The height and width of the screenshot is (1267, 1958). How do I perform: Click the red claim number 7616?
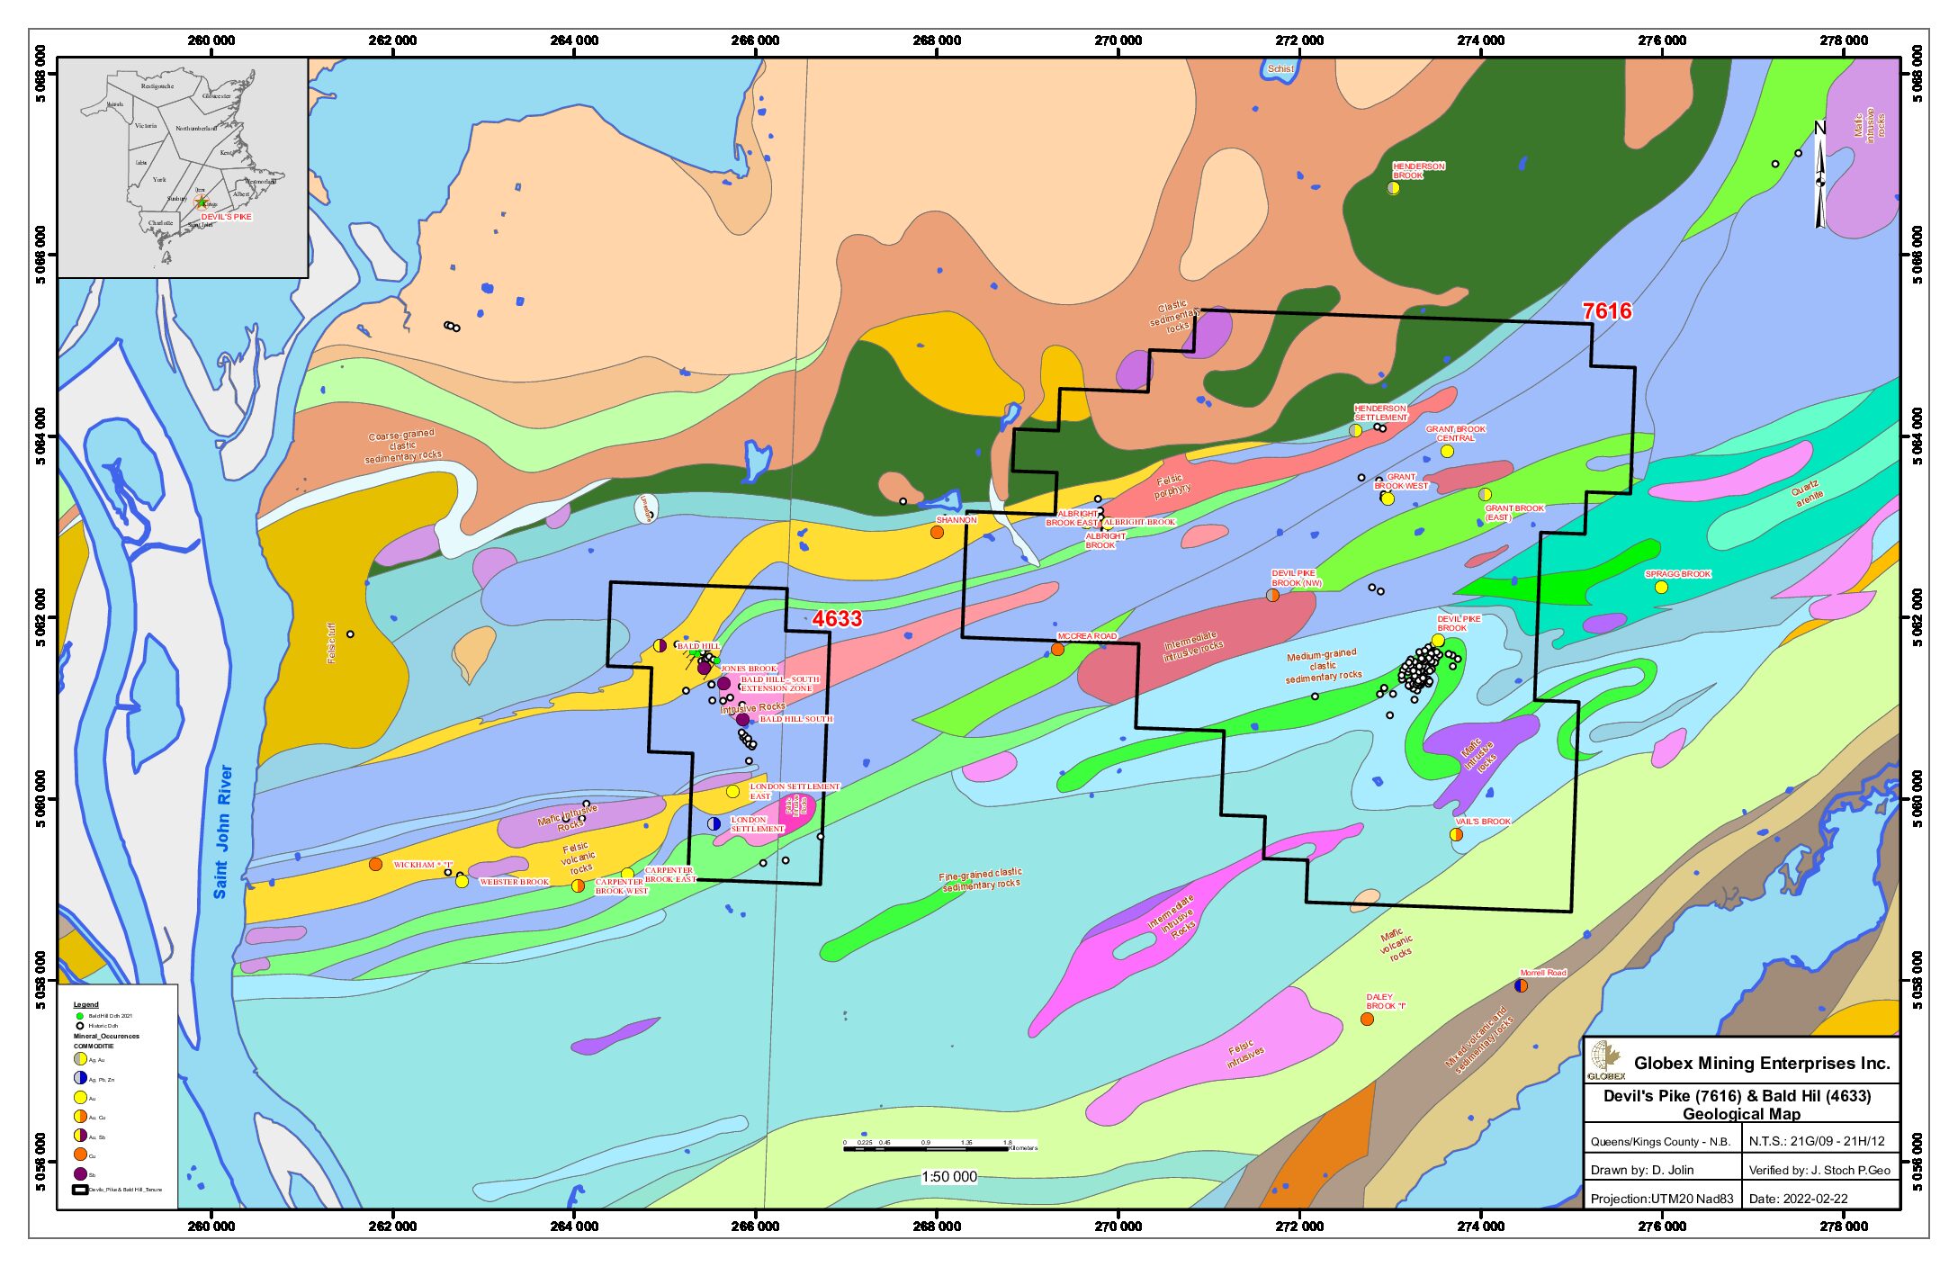[x=1606, y=311]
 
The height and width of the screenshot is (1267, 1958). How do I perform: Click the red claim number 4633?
[x=837, y=619]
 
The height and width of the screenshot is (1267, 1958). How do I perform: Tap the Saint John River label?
[x=222, y=831]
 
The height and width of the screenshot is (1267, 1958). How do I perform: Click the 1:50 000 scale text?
[x=948, y=1177]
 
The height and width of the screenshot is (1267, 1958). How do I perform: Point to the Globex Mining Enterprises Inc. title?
[x=1761, y=1064]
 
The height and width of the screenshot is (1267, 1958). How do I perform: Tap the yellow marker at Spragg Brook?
[x=1661, y=588]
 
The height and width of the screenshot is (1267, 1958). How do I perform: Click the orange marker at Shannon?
[x=937, y=533]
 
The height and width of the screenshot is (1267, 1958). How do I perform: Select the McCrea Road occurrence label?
[x=1087, y=636]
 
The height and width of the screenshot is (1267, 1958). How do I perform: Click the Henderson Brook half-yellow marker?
[x=1393, y=188]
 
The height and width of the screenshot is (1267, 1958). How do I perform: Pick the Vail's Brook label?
[x=1483, y=822]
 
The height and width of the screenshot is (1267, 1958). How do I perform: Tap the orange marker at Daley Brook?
[x=1367, y=1020]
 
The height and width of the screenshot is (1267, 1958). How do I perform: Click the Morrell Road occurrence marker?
[x=1521, y=985]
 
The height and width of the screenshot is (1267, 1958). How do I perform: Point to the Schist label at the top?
[x=1280, y=69]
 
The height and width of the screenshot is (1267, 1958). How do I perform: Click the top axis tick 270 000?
[x=1118, y=40]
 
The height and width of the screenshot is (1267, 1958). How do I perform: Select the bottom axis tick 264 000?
[x=574, y=1227]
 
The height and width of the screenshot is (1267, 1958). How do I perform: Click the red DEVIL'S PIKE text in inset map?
[x=226, y=217]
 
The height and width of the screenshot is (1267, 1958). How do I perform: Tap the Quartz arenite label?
[x=1807, y=494]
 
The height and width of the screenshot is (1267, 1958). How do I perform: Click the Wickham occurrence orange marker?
[x=375, y=865]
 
